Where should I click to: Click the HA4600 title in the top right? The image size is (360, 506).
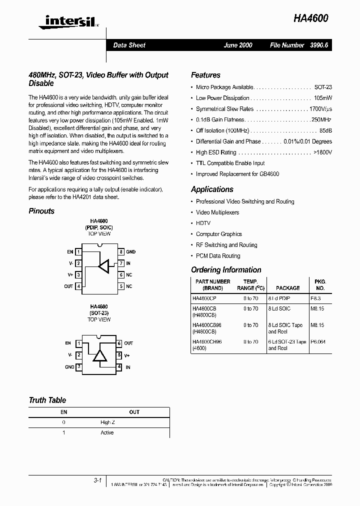click(311, 18)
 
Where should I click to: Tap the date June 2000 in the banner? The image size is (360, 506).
click(238, 45)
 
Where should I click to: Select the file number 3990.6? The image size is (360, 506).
click(318, 45)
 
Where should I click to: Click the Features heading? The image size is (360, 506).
click(205, 75)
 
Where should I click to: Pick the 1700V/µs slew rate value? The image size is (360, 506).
click(320, 109)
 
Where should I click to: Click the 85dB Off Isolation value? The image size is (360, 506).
click(325, 130)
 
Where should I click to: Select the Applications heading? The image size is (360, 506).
click(212, 189)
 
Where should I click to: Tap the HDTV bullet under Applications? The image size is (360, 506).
click(203, 223)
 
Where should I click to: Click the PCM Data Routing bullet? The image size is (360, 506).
click(218, 256)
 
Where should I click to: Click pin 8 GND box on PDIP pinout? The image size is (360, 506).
click(121, 252)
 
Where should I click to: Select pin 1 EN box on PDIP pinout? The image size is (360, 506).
click(78, 252)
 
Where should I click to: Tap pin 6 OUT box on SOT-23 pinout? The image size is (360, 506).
click(119, 343)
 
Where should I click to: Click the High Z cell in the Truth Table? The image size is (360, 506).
click(107, 422)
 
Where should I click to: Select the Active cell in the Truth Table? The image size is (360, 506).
click(107, 432)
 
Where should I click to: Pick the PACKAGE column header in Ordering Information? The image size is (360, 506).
click(287, 288)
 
